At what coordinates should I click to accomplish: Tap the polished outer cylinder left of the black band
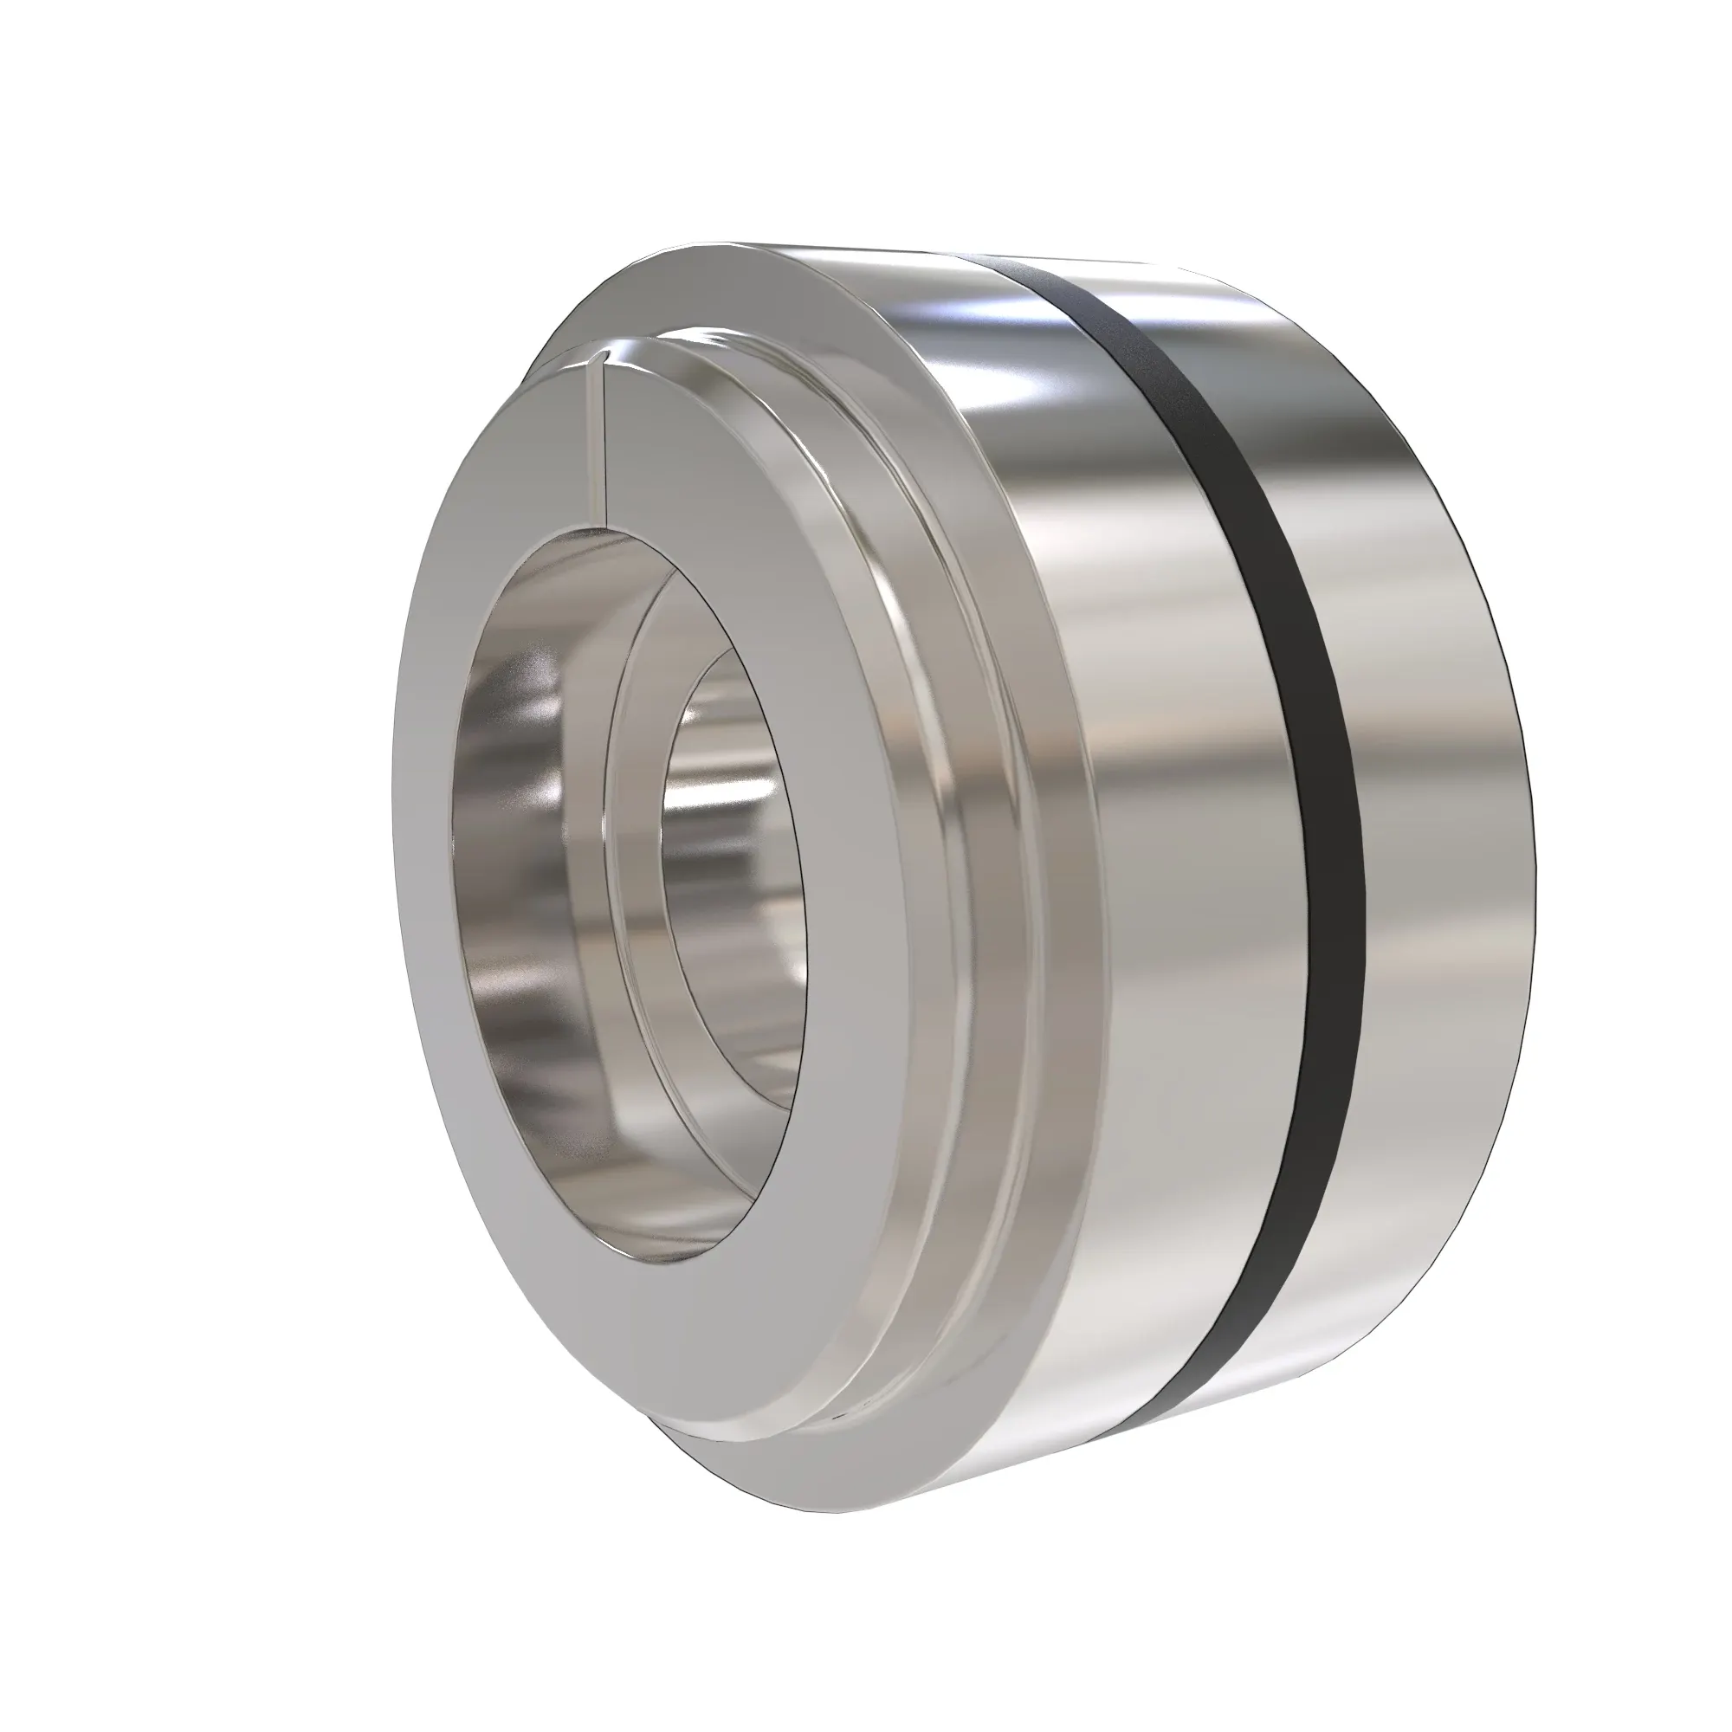(x=1166, y=807)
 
